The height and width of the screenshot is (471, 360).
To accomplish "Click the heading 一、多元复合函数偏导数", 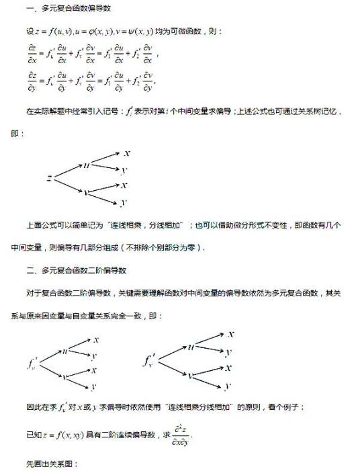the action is tap(68, 9).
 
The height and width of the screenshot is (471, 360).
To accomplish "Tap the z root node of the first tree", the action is tap(50, 177).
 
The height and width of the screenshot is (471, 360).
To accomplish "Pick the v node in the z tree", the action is tap(87, 191).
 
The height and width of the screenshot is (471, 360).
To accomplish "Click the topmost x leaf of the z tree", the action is tap(126, 153).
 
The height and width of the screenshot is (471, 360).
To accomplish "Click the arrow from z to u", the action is tap(68, 171).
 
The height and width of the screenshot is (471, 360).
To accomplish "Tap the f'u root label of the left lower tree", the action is tap(34, 363).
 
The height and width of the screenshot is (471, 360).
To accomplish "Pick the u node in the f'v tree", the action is tap(190, 347).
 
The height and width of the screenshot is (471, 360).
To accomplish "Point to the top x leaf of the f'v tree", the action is tap(230, 334).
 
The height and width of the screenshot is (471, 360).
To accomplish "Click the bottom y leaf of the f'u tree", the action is tap(93, 386).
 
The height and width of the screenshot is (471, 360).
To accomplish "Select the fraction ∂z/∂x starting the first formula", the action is tap(32, 53).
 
